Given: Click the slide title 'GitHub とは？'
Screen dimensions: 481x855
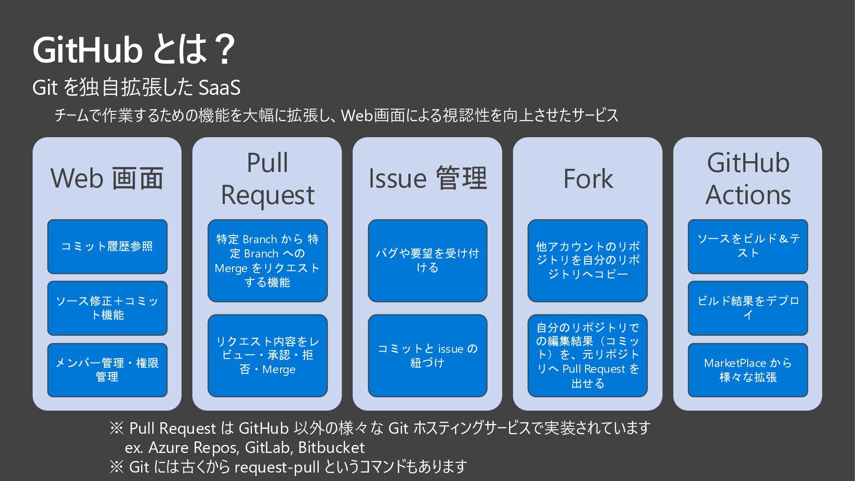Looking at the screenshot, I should [x=134, y=50].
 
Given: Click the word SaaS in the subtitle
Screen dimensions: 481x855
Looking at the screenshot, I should [x=219, y=87].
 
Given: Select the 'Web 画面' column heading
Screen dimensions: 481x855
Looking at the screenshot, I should [x=107, y=178].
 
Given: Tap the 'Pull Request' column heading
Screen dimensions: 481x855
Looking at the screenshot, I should [x=267, y=179].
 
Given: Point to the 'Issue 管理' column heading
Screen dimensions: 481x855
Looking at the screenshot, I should [x=427, y=178].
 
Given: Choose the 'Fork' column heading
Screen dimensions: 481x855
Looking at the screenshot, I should [x=588, y=179].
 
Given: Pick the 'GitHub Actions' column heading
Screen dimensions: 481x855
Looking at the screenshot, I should [x=748, y=179].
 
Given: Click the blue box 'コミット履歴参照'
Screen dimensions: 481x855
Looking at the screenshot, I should [x=107, y=246].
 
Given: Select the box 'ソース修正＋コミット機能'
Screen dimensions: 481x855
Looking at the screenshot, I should [x=107, y=308].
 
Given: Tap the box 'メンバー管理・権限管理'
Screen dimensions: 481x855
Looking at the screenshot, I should [x=107, y=370].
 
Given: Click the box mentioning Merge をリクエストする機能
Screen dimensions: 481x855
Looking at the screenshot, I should [x=267, y=261].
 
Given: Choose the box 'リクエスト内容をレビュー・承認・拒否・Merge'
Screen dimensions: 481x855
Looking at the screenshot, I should [x=267, y=355].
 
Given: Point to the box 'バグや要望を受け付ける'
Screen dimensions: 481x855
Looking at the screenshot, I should [x=427, y=261].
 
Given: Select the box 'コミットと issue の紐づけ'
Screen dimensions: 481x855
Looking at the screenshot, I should [x=427, y=355].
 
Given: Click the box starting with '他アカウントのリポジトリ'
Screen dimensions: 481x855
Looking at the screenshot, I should [x=588, y=261].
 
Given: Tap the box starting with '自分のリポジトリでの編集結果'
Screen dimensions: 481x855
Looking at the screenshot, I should [x=588, y=355].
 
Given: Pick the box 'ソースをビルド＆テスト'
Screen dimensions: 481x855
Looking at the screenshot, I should [x=748, y=246].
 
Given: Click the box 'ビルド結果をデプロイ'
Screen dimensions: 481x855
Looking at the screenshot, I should [x=748, y=308].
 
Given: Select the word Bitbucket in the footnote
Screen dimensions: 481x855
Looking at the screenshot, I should [x=331, y=447].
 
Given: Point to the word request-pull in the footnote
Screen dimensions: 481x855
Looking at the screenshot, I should [x=277, y=467].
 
